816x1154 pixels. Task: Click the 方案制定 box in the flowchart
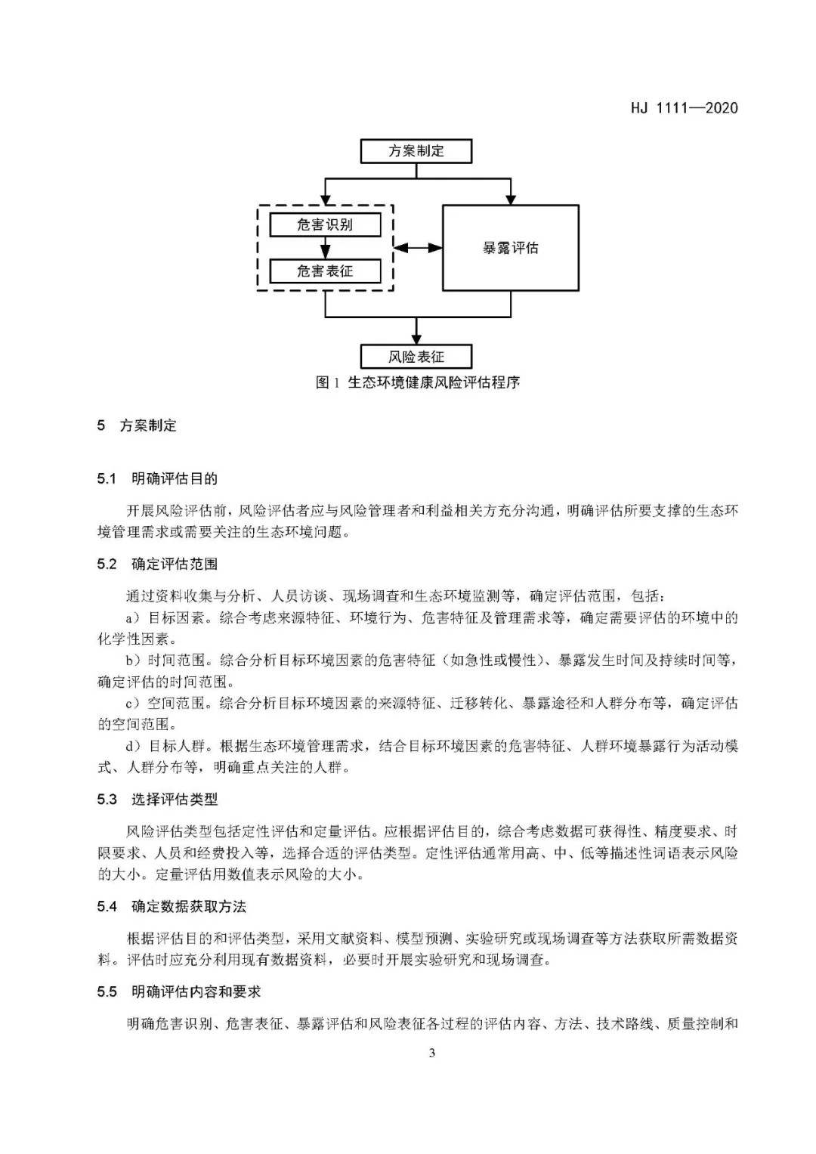[x=416, y=151]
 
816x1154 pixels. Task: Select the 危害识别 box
[x=325, y=224]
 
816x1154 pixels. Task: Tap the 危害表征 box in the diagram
[x=325, y=271]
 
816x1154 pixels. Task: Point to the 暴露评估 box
[x=510, y=248]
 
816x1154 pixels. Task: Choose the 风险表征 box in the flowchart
[x=416, y=357]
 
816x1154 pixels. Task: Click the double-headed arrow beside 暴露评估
[x=418, y=247]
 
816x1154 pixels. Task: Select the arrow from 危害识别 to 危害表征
[x=325, y=247]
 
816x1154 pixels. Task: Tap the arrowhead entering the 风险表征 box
[x=416, y=339]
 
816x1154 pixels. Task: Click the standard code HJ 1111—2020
[x=684, y=108]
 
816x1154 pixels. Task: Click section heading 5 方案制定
[x=137, y=425]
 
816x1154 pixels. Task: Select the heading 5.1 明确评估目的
[x=157, y=478]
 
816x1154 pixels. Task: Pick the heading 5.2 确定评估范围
[x=157, y=564]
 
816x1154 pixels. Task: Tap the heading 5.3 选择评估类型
[x=157, y=799]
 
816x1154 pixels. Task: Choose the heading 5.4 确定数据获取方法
[x=172, y=906]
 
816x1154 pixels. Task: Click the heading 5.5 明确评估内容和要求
[x=178, y=992]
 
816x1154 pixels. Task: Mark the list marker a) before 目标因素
[x=134, y=618]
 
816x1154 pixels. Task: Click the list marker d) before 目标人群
[x=134, y=747]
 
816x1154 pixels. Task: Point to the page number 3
[x=431, y=1053]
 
